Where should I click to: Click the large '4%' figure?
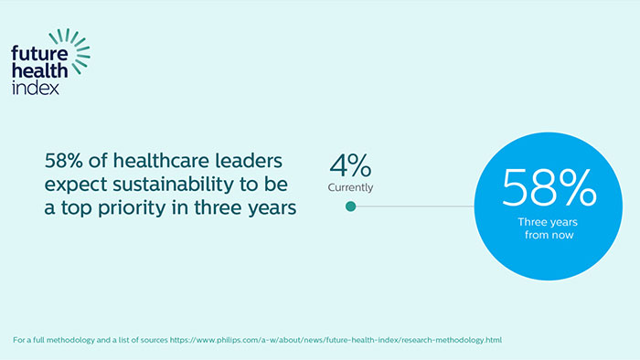[349, 166]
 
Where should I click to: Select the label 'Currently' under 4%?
[350, 188]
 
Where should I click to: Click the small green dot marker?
[350, 206]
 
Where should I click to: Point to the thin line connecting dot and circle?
[411, 206]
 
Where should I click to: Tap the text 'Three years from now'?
[549, 228]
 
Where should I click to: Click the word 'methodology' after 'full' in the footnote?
[76, 340]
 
